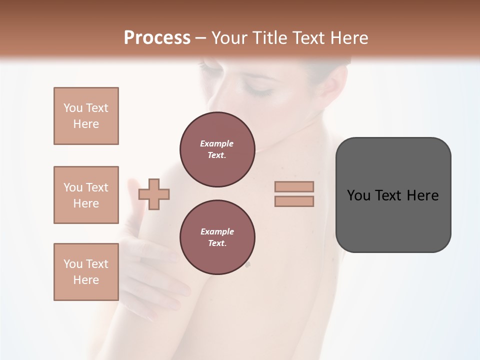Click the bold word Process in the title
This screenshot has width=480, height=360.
pyautogui.click(x=157, y=38)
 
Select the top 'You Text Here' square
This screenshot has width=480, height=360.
pyautogui.click(x=86, y=116)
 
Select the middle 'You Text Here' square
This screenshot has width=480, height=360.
pyautogui.click(x=86, y=195)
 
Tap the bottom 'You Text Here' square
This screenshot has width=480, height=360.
pyautogui.click(x=86, y=272)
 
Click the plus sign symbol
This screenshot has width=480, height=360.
pyautogui.click(x=154, y=194)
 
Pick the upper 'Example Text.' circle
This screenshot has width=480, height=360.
pyautogui.click(x=217, y=149)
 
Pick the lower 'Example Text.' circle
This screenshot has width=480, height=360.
pyautogui.click(x=217, y=237)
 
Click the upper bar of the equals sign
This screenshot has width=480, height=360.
pyautogui.click(x=294, y=186)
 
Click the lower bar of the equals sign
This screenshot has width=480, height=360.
pyautogui.click(x=294, y=201)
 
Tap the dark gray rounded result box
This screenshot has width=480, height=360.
pyautogui.click(x=393, y=225)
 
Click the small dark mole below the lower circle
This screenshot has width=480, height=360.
pyautogui.click(x=247, y=265)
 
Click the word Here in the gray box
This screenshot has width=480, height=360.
pyautogui.click(x=422, y=195)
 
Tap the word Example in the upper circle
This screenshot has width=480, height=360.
pyautogui.click(x=217, y=143)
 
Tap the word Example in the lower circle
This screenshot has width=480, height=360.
pyautogui.click(x=217, y=231)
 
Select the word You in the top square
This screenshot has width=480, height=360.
pyautogui.click(x=72, y=108)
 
